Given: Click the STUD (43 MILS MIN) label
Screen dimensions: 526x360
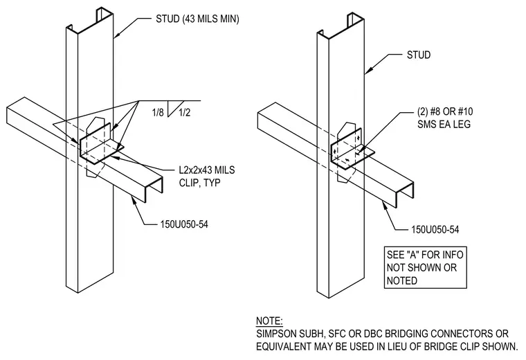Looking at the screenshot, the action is coord(197,19).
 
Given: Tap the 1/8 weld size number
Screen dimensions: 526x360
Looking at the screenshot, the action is coord(158,112).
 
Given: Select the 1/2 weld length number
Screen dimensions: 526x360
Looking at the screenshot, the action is coord(185,112).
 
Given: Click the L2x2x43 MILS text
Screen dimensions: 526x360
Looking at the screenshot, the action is coord(207,170).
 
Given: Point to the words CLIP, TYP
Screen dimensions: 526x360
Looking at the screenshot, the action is coord(199,183).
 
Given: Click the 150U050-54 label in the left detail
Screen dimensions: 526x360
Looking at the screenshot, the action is coord(184,224).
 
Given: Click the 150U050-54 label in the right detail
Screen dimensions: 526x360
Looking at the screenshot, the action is coord(435,229).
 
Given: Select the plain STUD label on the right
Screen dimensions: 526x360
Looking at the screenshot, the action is coord(419,55).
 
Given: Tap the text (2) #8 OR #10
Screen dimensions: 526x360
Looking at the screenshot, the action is coord(445,111).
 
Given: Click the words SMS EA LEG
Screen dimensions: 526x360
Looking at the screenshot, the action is coord(444,124).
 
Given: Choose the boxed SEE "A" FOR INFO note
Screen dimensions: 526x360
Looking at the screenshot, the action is coord(425,267).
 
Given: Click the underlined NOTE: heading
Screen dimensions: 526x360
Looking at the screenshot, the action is coord(269,321).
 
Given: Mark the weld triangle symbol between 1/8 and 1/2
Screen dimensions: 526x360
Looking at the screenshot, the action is coord(175,109).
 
